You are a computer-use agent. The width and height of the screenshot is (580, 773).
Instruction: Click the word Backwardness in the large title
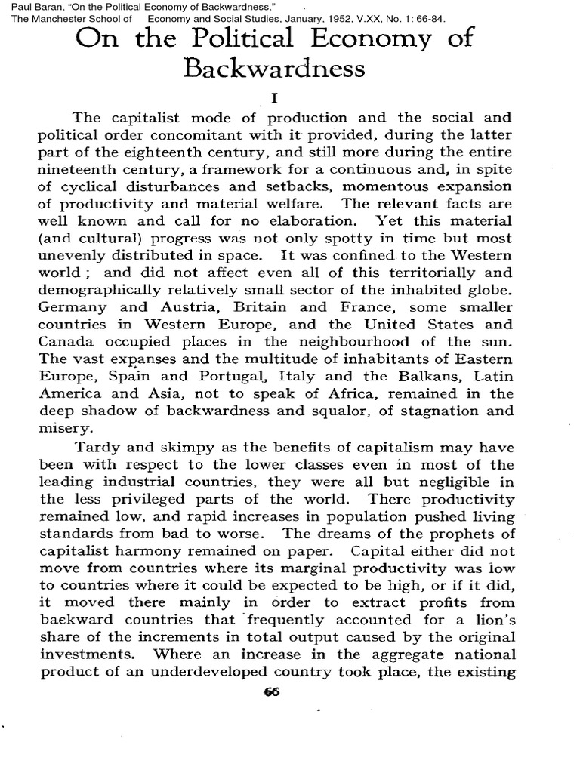tap(274, 69)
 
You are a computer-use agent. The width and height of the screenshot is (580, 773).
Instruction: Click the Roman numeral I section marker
tap(274, 98)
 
